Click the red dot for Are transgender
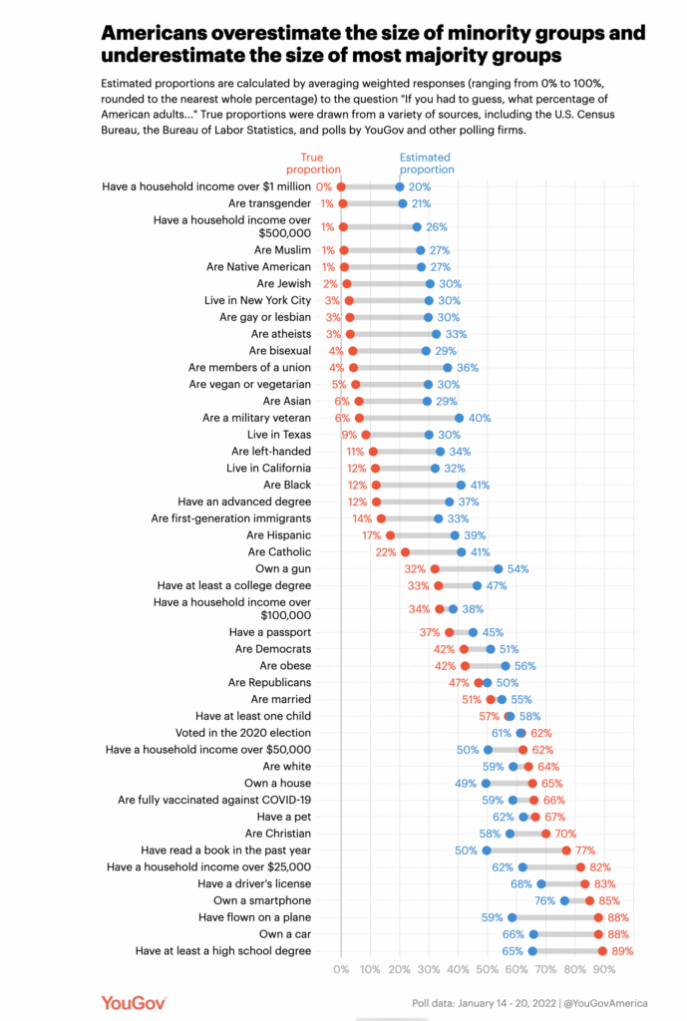[x=343, y=203]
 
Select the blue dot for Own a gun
[x=499, y=568]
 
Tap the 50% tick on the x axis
[x=488, y=968]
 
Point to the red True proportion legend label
[x=319, y=164]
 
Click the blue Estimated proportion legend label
[x=425, y=164]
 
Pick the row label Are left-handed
[x=271, y=452]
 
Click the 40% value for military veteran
[x=480, y=418]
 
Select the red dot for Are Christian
[x=546, y=834]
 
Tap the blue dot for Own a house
[x=486, y=784]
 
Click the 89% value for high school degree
[x=622, y=951]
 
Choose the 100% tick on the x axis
[x=631, y=968]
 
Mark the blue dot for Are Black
[x=461, y=485]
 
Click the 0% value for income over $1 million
[x=324, y=186]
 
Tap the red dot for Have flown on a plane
[x=598, y=917]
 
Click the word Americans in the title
[x=167, y=32]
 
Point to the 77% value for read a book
[x=586, y=851]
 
